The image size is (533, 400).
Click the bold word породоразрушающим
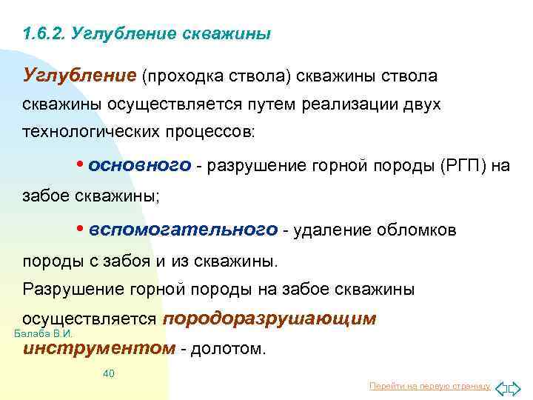tap(269, 319)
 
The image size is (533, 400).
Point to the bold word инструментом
tap(99, 348)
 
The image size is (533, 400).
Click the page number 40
tap(108, 373)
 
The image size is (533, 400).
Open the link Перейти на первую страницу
tap(429, 386)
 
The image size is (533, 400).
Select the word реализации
tap(348, 104)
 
